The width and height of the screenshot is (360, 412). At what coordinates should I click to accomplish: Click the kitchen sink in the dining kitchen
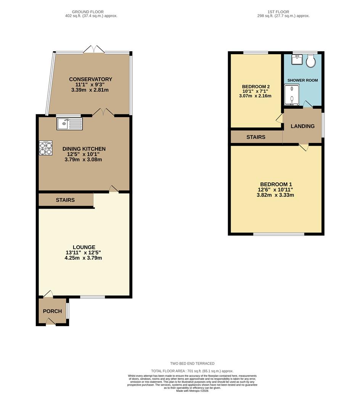click(x=69, y=124)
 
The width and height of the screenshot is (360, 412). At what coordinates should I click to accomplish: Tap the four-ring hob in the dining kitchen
click(x=45, y=148)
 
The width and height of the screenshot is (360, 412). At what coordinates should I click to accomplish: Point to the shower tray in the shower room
click(x=292, y=94)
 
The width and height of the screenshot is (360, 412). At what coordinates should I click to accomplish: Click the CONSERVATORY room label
click(x=90, y=79)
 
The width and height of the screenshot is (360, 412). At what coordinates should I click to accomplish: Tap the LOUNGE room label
click(x=84, y=247)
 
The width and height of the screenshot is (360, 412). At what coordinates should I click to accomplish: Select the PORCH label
click(x=52, y=311)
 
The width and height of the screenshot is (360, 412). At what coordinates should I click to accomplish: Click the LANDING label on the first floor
click(x=302, y=126)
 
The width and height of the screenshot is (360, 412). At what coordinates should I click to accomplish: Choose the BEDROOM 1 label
click(x=276, y=184)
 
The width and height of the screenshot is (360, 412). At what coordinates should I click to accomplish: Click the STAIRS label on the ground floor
click(x=65, y=200)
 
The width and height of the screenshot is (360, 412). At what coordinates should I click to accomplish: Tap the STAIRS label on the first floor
click(x=256, y=137)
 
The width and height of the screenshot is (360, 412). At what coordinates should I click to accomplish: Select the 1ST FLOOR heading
click(x=279, y=12)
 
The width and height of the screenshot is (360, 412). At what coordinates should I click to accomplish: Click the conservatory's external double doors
click(x=94, y=50)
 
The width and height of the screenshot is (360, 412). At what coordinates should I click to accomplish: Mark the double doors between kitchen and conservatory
click(x=103, y=112)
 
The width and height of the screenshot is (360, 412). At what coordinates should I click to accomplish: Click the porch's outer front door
click(x=51, y=323)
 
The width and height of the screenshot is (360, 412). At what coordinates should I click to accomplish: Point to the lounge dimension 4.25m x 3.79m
click(x=83, y=258)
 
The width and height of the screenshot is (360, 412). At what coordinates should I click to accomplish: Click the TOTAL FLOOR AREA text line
click(x=192, y=371)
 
